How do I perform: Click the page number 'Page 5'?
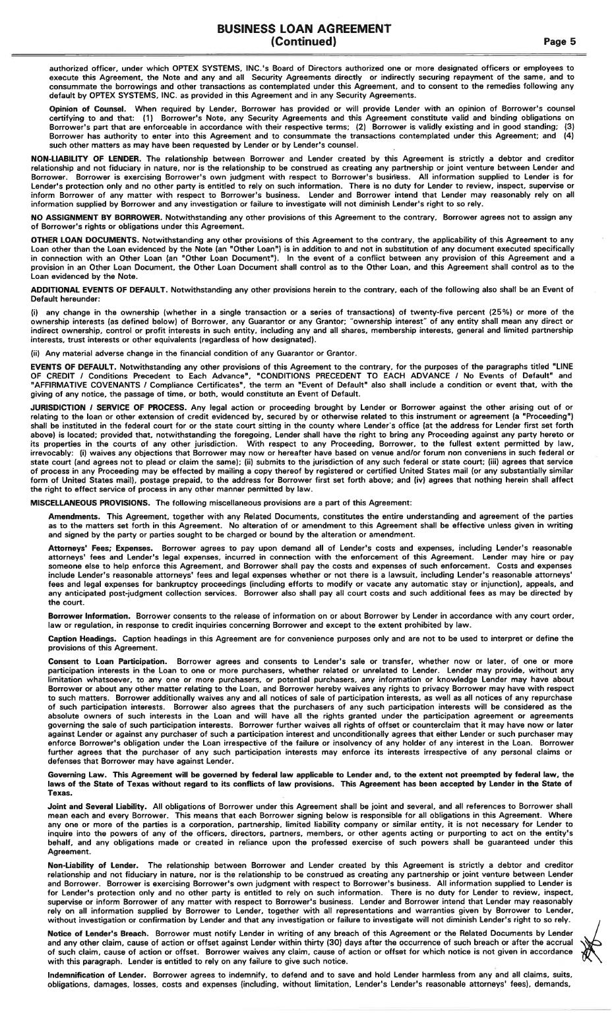coord(560,42)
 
